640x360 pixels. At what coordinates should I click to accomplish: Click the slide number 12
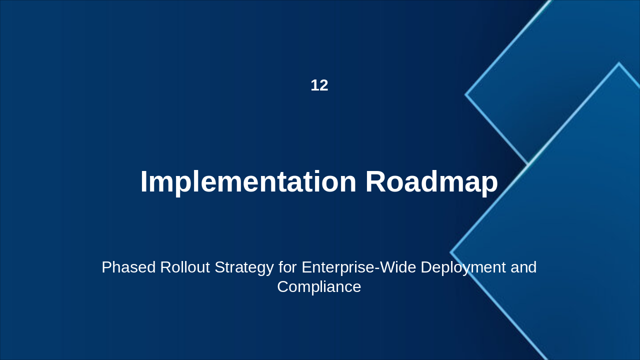319,85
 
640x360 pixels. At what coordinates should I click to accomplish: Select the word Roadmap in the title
431,182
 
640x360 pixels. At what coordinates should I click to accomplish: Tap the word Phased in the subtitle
128,267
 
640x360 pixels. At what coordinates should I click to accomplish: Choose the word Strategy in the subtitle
244,267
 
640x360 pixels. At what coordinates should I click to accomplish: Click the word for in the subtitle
287,267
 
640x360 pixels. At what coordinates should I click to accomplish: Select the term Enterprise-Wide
358,267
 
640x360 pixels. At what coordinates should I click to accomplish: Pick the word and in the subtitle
523,267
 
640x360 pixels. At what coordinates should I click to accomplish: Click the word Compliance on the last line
319,287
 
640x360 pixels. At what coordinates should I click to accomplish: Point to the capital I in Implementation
143,182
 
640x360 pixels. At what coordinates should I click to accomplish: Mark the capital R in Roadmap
375,182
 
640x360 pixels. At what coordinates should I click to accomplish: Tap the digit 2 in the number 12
323,85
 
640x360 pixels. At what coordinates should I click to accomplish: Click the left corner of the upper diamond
466,94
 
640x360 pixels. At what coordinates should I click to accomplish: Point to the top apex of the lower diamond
619,63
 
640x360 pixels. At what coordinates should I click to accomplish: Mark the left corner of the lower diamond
451,252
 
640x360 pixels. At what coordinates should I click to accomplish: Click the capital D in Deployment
426,267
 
